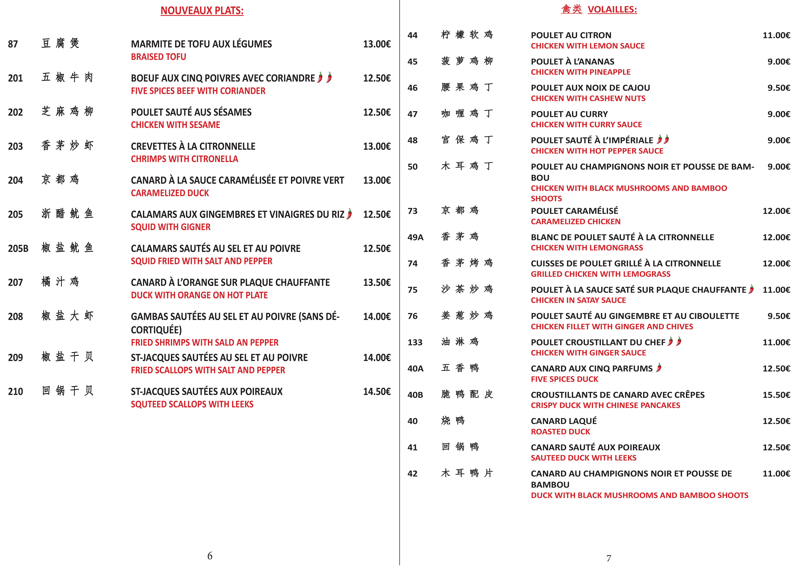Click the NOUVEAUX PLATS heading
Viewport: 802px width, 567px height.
coord(202,11)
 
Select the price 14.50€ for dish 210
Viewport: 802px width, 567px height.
coord(377,392)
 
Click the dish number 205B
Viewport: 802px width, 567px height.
coord(18,248)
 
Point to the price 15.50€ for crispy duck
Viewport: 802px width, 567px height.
coord(776,395)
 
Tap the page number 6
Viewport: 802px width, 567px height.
coord(210,556)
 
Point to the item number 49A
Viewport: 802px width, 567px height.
coord(415,237)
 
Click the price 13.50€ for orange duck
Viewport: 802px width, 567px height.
coord(377,282)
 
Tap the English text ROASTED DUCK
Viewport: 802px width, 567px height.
coord(560,432)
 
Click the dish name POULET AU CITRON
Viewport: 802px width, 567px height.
coord(571,35)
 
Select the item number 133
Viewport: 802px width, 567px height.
coord(415,342)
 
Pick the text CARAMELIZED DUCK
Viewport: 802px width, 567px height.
coord(170,193)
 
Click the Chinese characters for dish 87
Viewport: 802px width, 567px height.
coord(60,43)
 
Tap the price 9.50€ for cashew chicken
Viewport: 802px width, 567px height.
coord(779,88)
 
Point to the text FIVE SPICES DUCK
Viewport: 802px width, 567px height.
coord(564,379)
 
